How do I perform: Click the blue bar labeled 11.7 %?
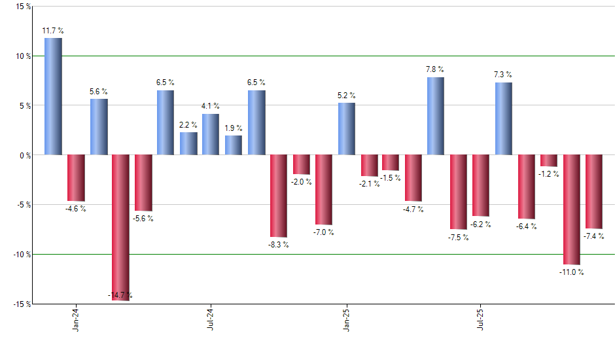(x=53, y=96)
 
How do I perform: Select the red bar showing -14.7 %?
(x=120, y=227)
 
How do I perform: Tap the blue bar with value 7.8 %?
(x=436, y=116)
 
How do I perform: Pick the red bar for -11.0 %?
(x=572, y=209)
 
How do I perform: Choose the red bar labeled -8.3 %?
(x=279, y=196)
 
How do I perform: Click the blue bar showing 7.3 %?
(x=503, y=118)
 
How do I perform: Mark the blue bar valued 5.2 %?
(x=347, y=129)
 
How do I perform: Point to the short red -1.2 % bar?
(x=549, y=161)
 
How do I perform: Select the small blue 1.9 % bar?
(x=234, y=145)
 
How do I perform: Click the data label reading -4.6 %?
(x=76, y=209)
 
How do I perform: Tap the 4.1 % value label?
(x=211, y=106)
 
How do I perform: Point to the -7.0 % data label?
(x=323, y=232)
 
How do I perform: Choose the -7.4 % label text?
(x=594, y=236)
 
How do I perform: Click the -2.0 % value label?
(x=302, y=182)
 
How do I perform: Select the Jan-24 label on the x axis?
(x=77, y=319)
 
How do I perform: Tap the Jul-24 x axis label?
(x=211, y=319)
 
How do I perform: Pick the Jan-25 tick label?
(x=346, y=319)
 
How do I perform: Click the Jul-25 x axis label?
(x=481, y=319)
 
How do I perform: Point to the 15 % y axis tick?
(x=23, y=7)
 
